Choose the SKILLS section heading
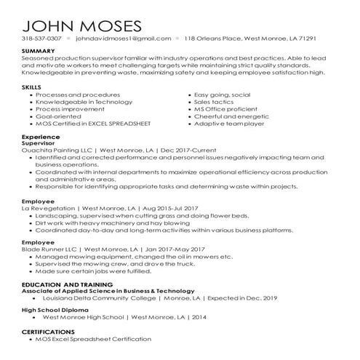coord(32,86)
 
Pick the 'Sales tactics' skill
coord(216,101)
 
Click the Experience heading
coord(40,137)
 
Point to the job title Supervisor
coord(40,143)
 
